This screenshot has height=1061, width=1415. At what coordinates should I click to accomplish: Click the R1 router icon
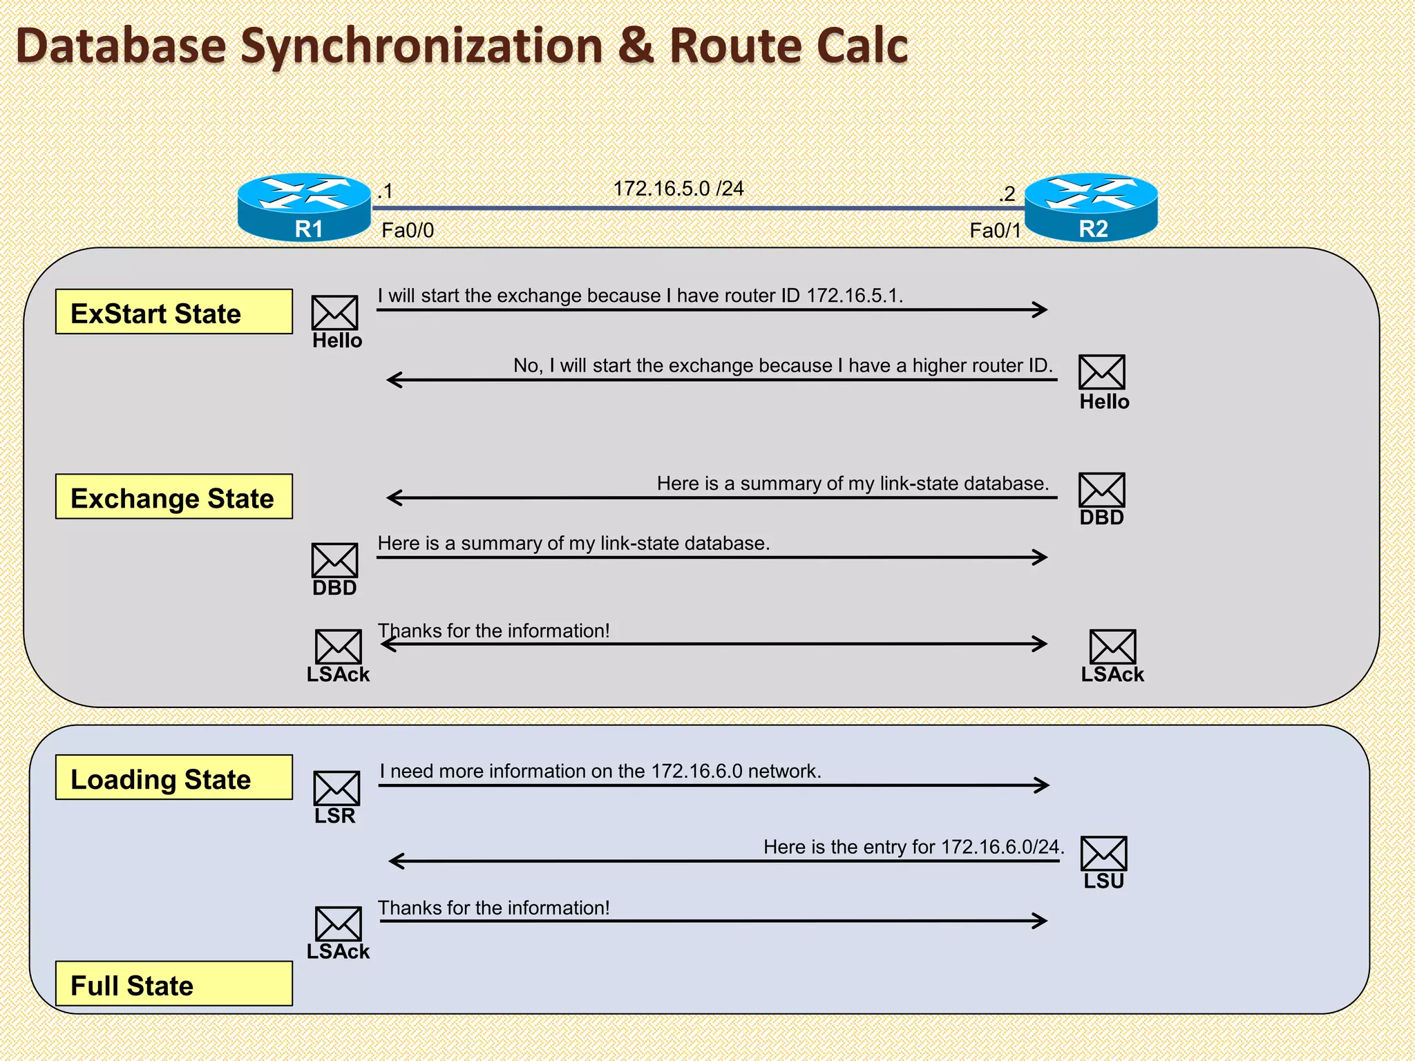(x=304, y=207)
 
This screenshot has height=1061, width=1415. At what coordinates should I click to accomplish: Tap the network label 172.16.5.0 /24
(x=678, y=189)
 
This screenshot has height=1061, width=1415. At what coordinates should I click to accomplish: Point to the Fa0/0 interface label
(x=408, y=231)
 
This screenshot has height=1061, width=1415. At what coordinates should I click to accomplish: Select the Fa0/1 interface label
(x=995, y=231)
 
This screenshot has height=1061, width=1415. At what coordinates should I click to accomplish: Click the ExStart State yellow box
(x=173, y=312)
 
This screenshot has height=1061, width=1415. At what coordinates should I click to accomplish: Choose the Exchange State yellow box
(x=173, y=497)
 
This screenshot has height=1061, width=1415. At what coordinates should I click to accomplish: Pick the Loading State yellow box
(x=173, y=778)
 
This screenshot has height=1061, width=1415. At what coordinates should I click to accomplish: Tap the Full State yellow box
(x=173, y=984)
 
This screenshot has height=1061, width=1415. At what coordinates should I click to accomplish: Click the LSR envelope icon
(x=336, y=788)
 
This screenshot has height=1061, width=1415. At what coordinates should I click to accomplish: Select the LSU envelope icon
(x=1103, y=854)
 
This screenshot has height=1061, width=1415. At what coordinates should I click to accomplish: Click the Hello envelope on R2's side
(x=1101, y=372)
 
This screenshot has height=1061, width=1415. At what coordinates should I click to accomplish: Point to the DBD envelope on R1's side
(x=334, y=560)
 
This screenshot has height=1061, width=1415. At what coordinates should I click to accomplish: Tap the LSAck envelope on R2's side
(x=1112, y=647)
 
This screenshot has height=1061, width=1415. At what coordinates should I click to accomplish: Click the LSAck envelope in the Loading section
(x=338, y=924)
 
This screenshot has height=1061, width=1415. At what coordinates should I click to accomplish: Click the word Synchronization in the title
(x=421, y=46)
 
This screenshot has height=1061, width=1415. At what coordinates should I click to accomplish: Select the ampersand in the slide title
(x=635, y=46)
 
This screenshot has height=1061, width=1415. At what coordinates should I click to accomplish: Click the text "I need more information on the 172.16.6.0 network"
(x=600, y=771)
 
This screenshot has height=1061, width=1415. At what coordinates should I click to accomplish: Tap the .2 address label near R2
(x=1007, y=193)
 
